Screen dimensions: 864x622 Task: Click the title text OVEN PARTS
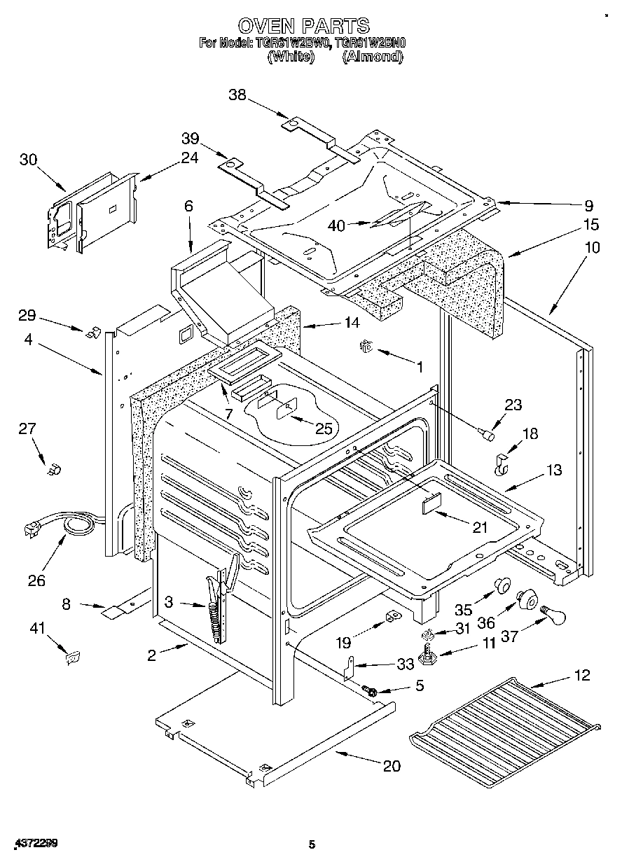[x=303, y=26]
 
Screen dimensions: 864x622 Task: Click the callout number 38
[x=237, y=95]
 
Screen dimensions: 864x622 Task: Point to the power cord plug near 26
[x=32, y=530]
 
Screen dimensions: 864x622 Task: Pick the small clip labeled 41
[x=71, y=657]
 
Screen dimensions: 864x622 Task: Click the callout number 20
[x=392, y=766]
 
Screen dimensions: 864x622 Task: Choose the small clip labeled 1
[x=365, y=345]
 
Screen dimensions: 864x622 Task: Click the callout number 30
[x=28, y=160]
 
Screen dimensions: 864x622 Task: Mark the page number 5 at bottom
[x=312, y=845]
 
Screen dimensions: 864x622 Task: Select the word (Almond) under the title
[x=373, y=57]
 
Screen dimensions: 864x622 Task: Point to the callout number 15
[x=590, y=225]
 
